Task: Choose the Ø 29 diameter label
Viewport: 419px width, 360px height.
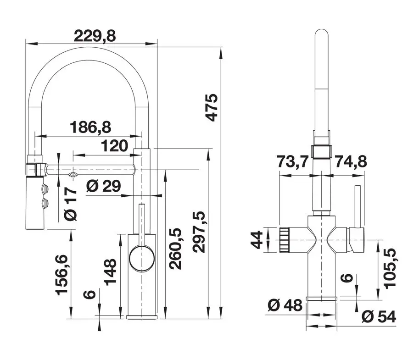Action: [x=103, y=186]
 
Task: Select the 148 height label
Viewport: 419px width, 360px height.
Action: [x=110, y=271]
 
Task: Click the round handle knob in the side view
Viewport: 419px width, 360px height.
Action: [x=142, y=257]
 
